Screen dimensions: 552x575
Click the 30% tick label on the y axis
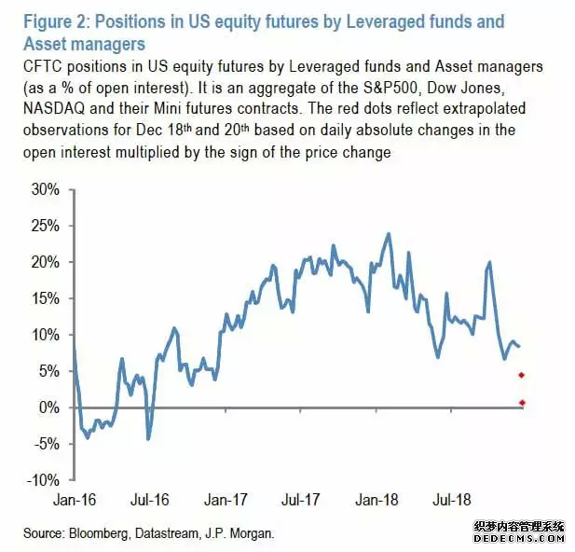pyautogui.click(x=45, y=189)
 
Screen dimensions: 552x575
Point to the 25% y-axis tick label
pyautogui.click(x=45, y=226)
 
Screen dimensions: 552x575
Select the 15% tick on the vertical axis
pyautogui.click(x=45, y=298)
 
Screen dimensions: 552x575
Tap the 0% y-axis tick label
pyautogui.click(x=48, y=407)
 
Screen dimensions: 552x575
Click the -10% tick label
pyautogui.click(x=42, y=480)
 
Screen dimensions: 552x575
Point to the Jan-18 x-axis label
pyautogui.click(x=377, y=499)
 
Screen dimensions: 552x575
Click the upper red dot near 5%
pyautogui.click(x=522, y=375)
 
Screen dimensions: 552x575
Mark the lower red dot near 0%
pyautogui.click(x=522, y=403)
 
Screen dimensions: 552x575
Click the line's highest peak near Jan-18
pyautogui.click(x=388, y=234)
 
